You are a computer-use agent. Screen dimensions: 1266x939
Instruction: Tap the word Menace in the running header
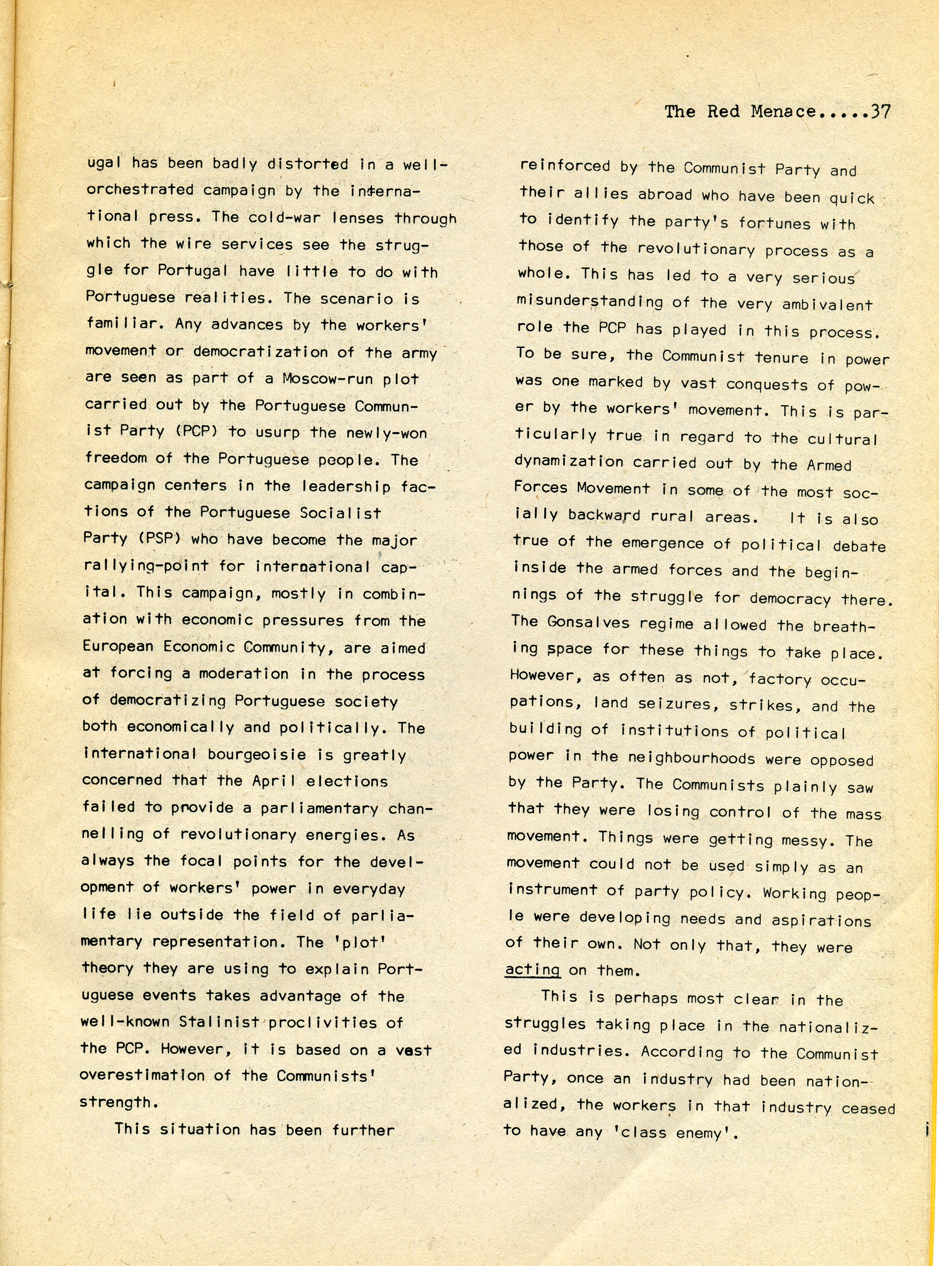[784, 111]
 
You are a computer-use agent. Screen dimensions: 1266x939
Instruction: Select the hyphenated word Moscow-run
[325, 379]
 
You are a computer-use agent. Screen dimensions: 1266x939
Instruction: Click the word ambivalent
[827, 305]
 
